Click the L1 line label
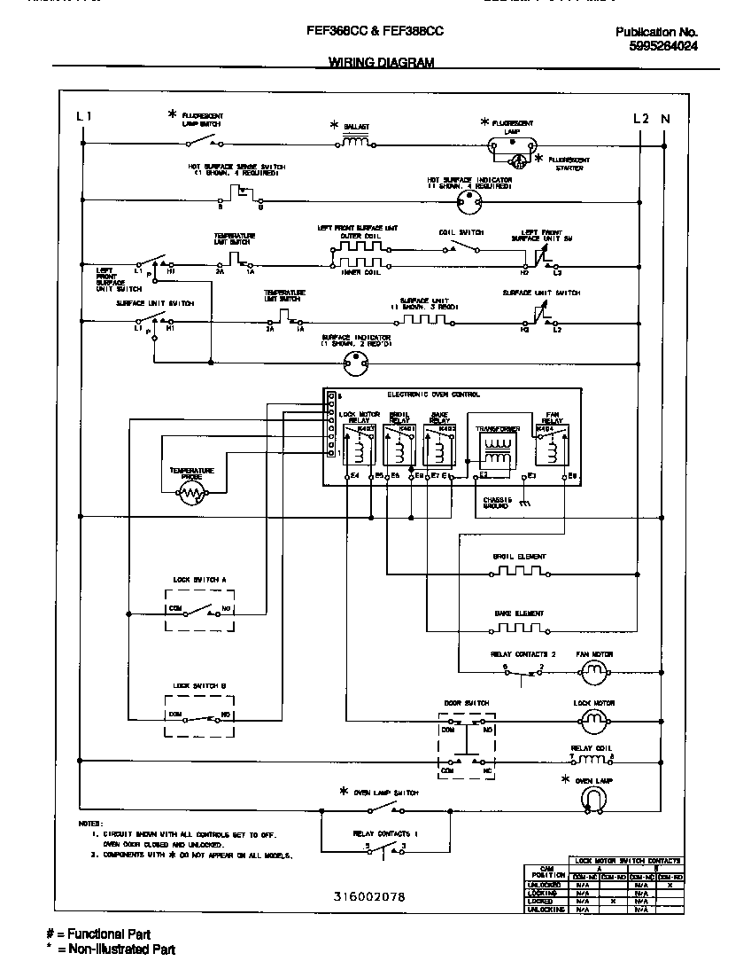[83, 117]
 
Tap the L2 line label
[641, 118]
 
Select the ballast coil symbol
[355, 141]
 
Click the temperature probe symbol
[191, 496]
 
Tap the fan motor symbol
[594, 673]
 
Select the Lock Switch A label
[199, 579]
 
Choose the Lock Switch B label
[199, 685]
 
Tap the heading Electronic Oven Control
[434, 394]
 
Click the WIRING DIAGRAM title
[382, 62]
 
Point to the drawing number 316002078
[369, 897]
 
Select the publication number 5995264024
[656, 47]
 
